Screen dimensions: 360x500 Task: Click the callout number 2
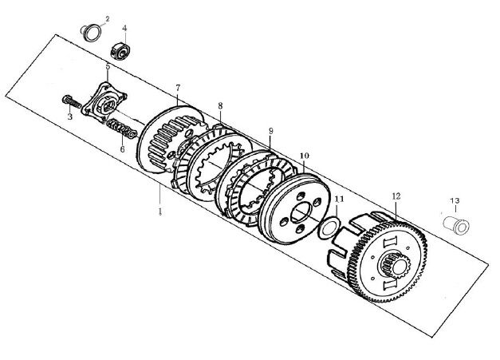(x=108, y=17)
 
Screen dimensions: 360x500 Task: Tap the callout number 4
(x=124, y=28)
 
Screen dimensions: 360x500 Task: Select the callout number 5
(x=108, y=66)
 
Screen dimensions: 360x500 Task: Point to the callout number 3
(x=70, y=117)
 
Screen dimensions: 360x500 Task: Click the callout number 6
(x=123, y=148)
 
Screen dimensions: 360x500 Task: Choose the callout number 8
(x=220, y=105)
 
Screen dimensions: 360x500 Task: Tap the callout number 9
(x=271, y=130)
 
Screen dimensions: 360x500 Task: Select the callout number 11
(x=338, y=199)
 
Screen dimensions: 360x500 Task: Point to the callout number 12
(x=396, y=196)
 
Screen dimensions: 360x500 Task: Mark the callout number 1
(x=160, y=212)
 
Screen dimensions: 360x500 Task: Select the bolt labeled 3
(x=73, y=101)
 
